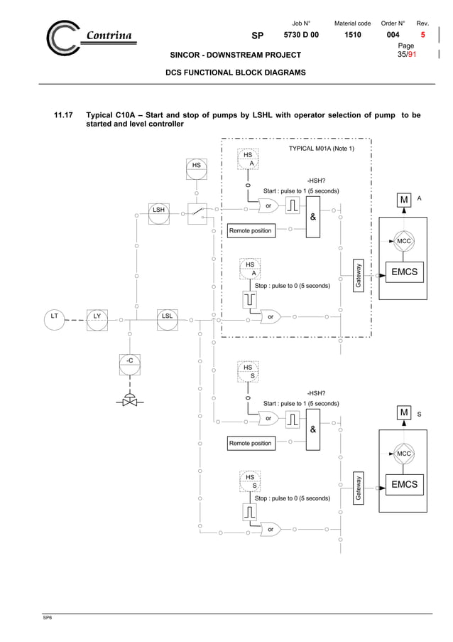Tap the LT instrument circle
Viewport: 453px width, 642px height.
click(x=52, y=319)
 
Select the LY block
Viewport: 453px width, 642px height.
click(x=97, y=319)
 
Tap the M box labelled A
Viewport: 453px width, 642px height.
click(x=403, y=200)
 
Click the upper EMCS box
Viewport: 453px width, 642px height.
click(x=404, y=272)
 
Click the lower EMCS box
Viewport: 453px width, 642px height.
click(x=404, y=486)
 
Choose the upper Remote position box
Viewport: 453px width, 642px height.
click(x=250, y=230)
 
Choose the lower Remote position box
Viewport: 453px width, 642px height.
click(x=250, y=443)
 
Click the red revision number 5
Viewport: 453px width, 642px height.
click(x=423, y=34)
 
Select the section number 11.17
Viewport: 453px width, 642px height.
click(x=65, y=114)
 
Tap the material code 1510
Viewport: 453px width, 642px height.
click(x=353, y=34)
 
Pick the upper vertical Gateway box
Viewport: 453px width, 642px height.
click(x=360, y=274)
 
